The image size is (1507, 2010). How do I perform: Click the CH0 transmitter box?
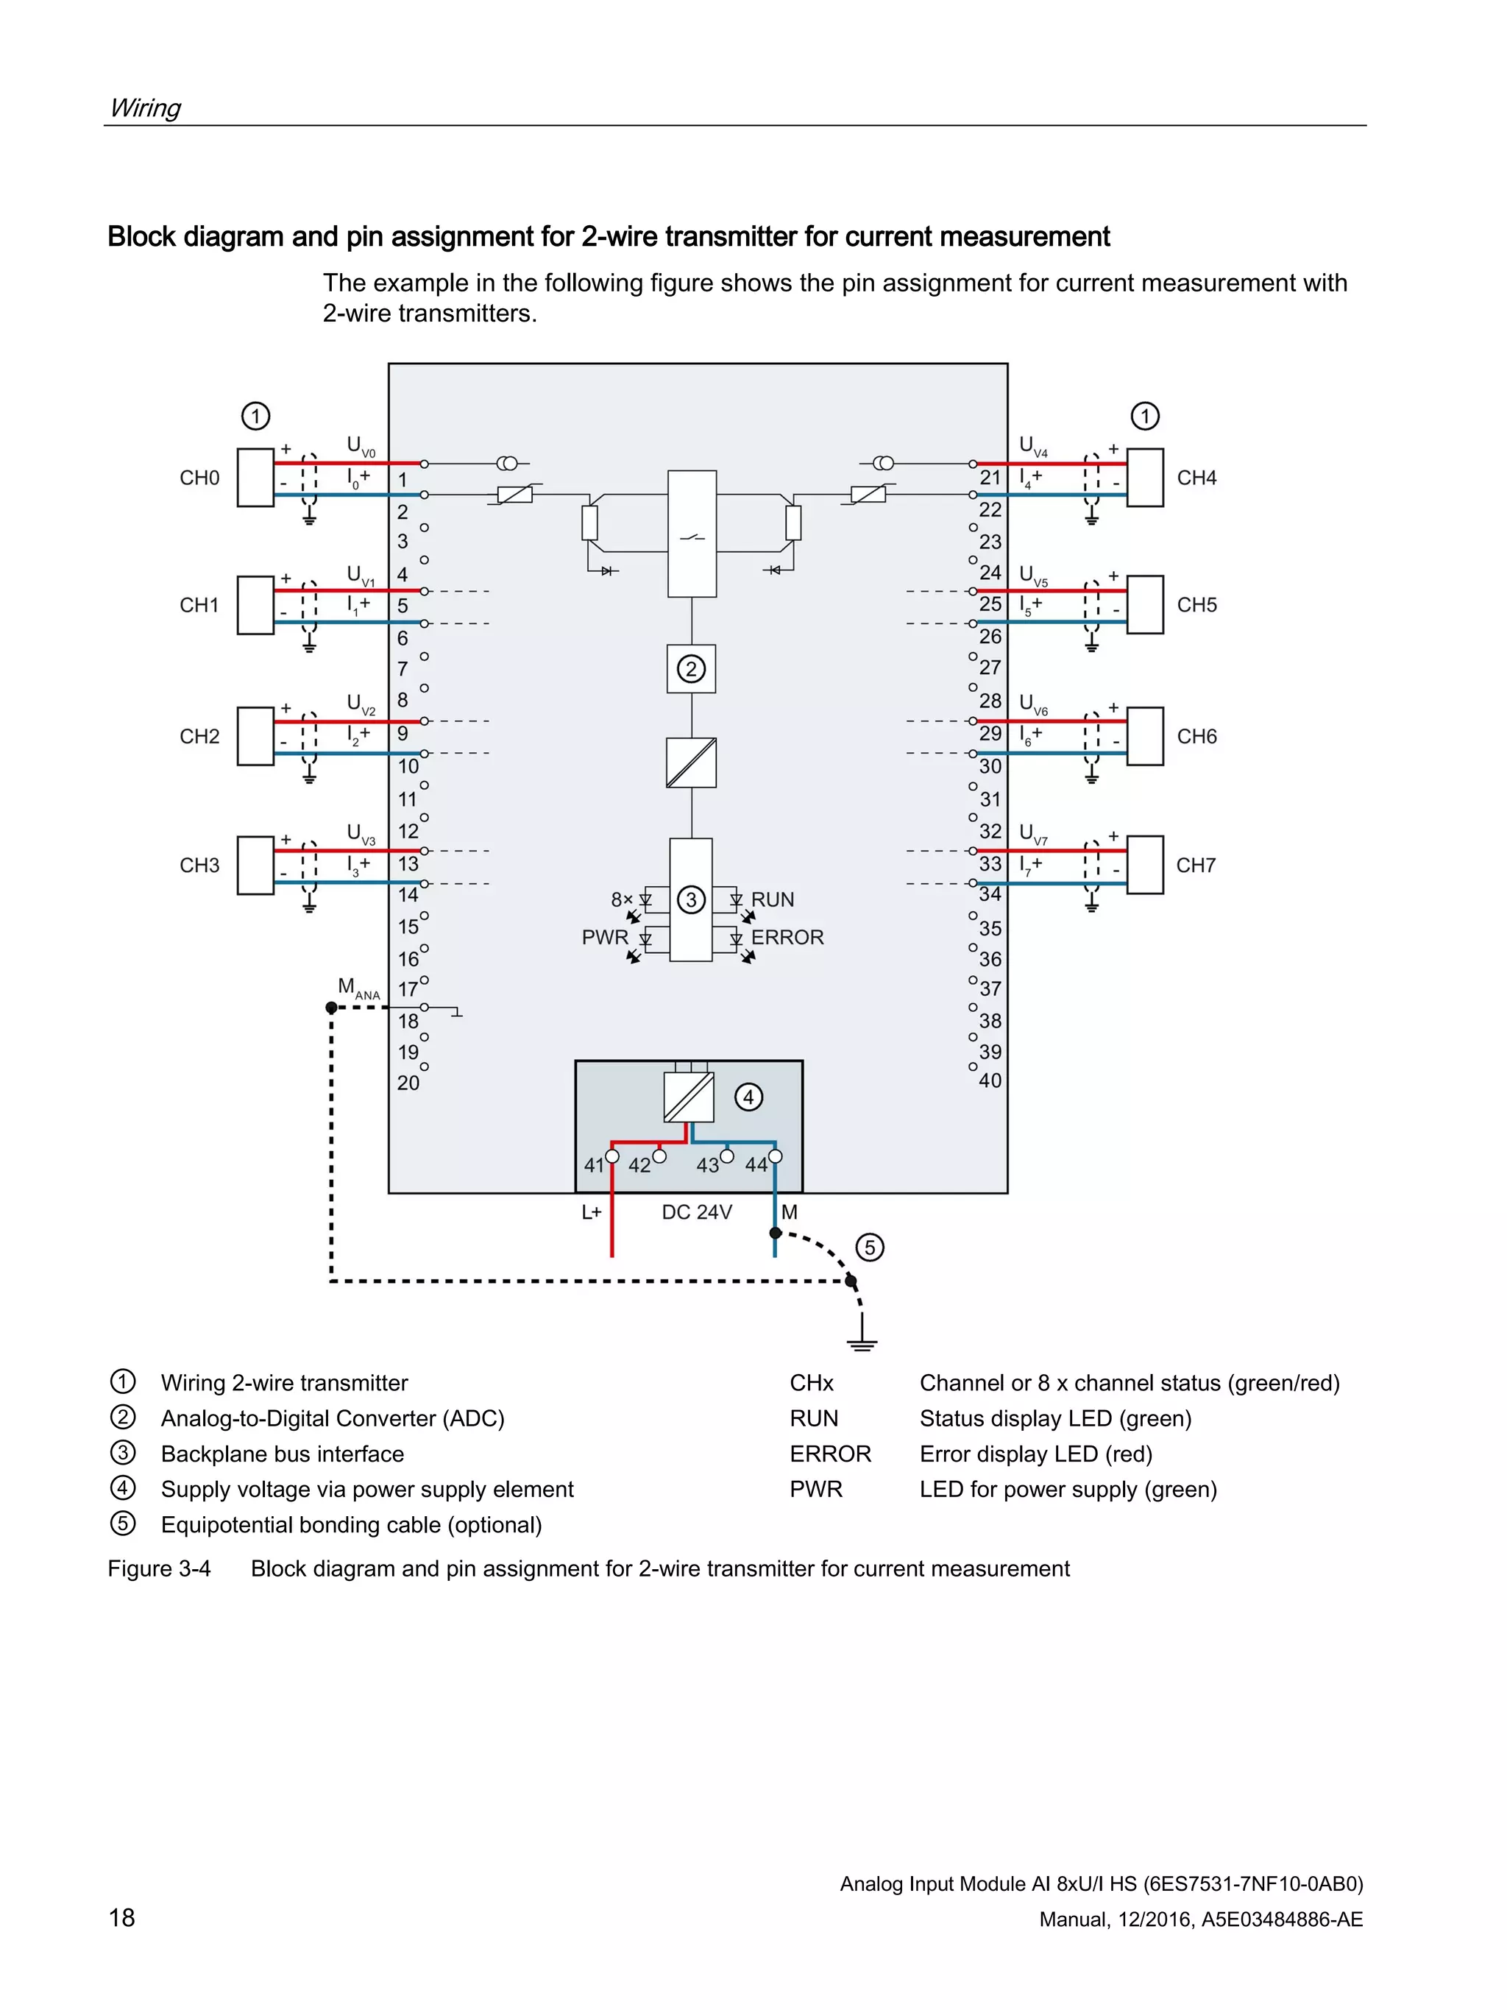255,477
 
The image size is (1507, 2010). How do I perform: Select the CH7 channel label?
1196,865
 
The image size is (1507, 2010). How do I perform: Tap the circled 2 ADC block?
691,669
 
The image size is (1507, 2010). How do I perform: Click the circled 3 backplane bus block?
691,899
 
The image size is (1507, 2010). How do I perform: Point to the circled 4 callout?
748,1097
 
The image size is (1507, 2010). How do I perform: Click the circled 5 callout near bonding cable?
869,1247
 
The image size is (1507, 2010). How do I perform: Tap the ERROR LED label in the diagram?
787,937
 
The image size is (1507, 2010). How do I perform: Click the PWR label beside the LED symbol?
604,937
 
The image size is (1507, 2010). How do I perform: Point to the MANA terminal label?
358,988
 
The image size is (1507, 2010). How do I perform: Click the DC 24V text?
697,1212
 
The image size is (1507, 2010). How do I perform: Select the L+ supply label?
592,1212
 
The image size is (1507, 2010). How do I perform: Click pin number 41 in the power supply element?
594,1165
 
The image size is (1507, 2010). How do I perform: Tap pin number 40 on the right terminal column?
990,1080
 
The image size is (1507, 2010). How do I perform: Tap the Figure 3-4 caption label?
159,1568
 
